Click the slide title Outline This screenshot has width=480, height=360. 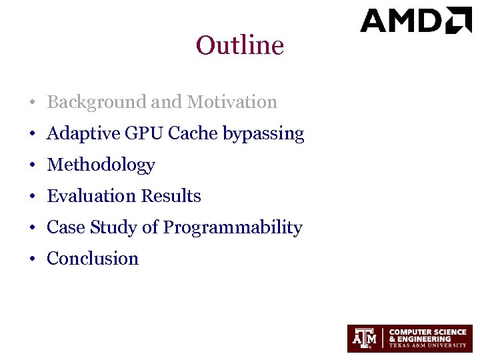click(240, 45)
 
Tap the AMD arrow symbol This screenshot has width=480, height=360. click(459, 20)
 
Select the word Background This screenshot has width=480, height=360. click(97, 102)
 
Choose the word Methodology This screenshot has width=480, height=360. click(101, 165)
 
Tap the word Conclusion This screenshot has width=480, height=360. click(93, 259)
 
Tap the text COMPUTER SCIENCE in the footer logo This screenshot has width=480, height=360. click(427, 331)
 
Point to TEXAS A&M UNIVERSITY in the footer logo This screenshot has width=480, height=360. click(427, 345)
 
